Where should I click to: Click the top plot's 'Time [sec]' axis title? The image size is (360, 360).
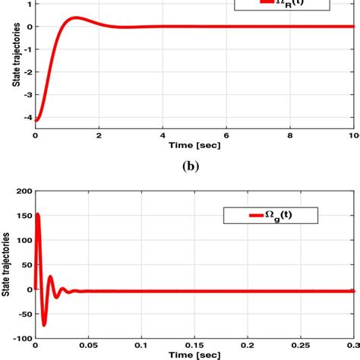194,144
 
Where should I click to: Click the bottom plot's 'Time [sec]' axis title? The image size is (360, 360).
194,354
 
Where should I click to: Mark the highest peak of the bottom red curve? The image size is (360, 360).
38,215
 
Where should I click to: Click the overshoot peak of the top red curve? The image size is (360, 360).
75,17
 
